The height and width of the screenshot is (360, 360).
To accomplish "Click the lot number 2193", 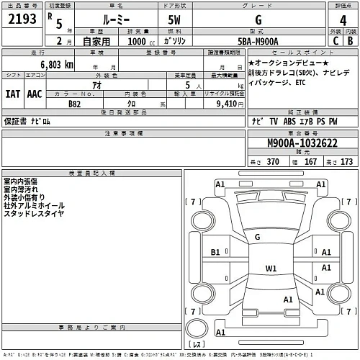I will point(22,20).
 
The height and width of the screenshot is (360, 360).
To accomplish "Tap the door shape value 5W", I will point(173,21).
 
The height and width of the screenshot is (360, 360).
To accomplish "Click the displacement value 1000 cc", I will point(127,42).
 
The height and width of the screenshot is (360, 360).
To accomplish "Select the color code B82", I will point(74,104).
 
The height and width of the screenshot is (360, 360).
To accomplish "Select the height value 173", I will point(347,163).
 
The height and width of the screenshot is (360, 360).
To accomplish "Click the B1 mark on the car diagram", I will point(215,253).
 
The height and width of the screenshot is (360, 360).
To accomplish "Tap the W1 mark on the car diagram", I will point(271,269).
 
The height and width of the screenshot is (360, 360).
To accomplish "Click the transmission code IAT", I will point(12,94).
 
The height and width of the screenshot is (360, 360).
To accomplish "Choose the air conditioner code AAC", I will point(35,94).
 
